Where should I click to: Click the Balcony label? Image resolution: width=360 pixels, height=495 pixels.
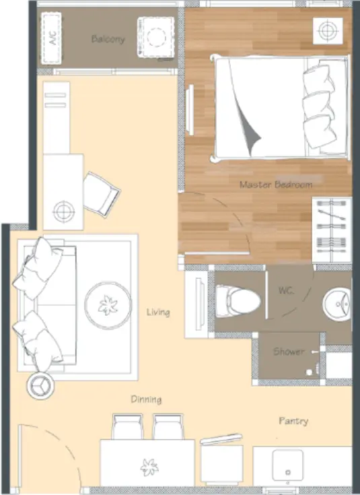pyautogui.click(x=108, y=39)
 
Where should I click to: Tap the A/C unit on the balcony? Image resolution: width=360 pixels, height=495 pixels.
pyautogui.click(x=51, y=38)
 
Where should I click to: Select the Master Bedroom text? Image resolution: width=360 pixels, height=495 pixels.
pyautogui.click(x=276, y=185)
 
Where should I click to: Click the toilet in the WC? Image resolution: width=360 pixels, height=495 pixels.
pyautogui.click(x=238, y=301)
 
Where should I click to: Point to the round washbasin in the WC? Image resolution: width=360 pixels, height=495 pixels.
pyautogui.click(x=337, y=304)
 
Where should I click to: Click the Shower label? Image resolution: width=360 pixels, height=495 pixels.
pyautogui.click(x=289, y=352)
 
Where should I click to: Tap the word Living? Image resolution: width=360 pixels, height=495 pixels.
pyautogui.click(x=158, y=312)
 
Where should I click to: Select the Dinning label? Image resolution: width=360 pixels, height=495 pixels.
pyautogui.click(x=147, y=399)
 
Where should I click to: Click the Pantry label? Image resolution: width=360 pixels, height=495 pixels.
pyautogui.click(x=293, y=421)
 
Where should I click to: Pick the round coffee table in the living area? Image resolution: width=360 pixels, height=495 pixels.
pyautogui.click(x=108, y=305)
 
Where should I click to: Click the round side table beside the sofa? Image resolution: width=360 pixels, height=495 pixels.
pyautogui.click(x=40, y=385)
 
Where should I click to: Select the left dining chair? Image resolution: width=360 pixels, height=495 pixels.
pyautogui.click(x=127, y=426)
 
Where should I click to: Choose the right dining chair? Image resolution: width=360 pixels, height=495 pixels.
pyautogui.click(x=168, y=426)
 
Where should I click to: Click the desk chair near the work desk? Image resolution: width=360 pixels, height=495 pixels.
pyautogui.click(x=102, y=194)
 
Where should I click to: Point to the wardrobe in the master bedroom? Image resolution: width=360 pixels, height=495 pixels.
pyautogui.click(x=332, y=230)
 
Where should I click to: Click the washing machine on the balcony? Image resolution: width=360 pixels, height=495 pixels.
pyautogui.click(x=156, y=37)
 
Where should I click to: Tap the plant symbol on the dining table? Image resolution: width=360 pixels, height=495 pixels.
pyautogui.click(x=149, y=467)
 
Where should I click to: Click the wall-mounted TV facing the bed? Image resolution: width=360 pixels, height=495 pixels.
pyautogui.click(x=190, y=110)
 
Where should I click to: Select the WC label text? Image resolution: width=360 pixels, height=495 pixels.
pyautogui.click(x=287, y=290)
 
